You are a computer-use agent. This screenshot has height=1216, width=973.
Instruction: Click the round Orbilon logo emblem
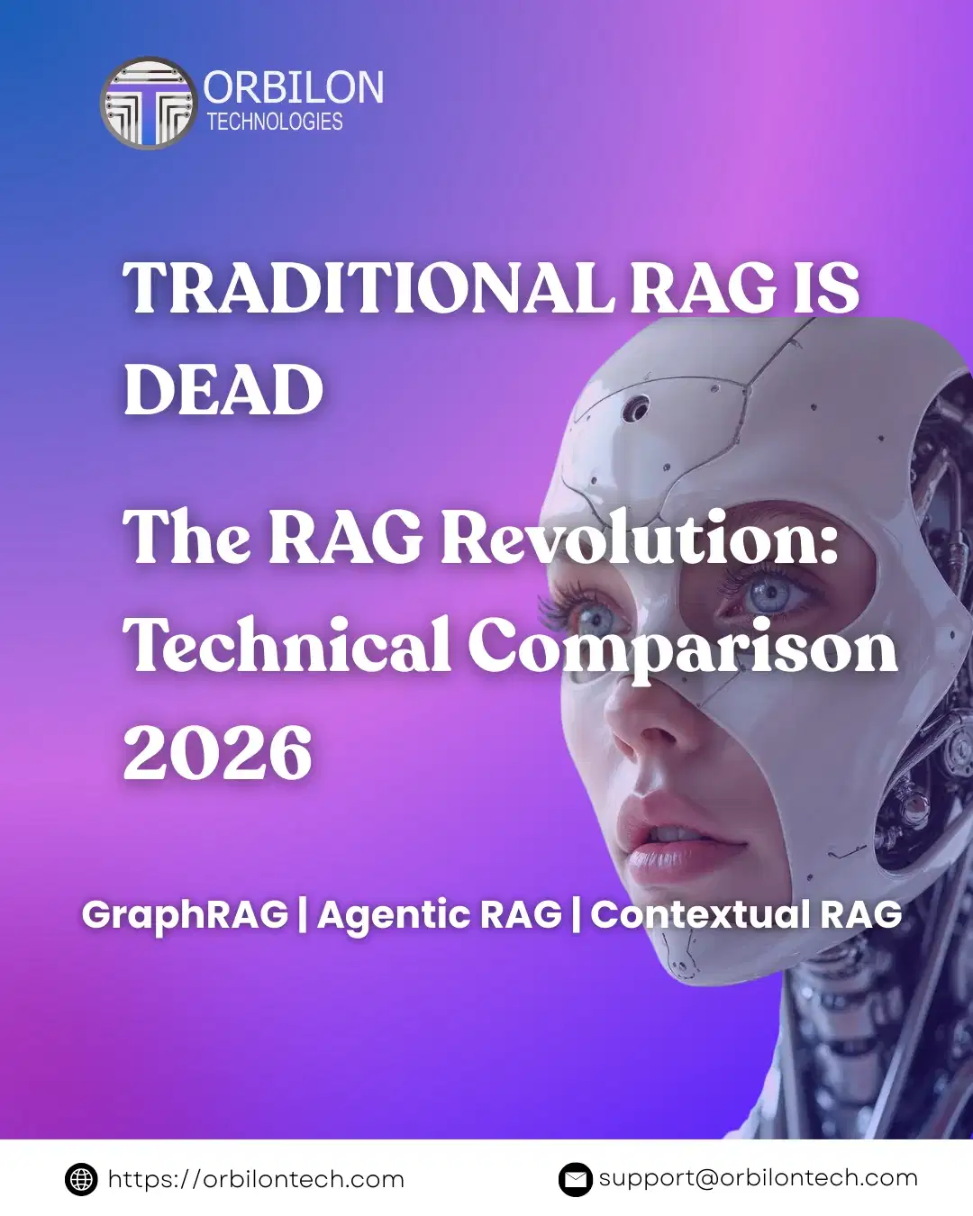click(148, 104)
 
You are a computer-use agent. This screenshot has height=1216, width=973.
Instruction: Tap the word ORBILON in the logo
click(294, 88)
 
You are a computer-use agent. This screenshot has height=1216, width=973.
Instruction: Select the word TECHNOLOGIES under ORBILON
click(275, 122)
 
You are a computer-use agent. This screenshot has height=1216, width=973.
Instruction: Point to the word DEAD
click(223, 390)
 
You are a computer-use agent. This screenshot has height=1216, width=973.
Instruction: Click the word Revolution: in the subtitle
click(640, 538)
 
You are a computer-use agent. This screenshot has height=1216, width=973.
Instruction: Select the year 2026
click(218, 753)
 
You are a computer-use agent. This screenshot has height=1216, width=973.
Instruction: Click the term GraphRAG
click(185, 914)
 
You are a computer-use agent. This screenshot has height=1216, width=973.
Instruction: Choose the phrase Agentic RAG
click(440, 914)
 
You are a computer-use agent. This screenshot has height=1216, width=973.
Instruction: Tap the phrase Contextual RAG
click(746, 914)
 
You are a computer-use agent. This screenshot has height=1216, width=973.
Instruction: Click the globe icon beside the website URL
click(81, 1179)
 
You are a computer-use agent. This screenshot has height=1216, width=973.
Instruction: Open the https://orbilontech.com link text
click(256, 1179)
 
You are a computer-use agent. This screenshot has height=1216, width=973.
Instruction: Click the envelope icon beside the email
click(575, 1179)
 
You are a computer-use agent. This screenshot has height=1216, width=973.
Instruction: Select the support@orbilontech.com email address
click(758, 1178)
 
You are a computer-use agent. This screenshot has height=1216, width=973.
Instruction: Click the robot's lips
click(671, 847)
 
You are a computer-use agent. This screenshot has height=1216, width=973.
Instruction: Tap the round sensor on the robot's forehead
click(638, 408)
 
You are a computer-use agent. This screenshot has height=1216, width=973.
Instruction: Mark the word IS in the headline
click(826, 288)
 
